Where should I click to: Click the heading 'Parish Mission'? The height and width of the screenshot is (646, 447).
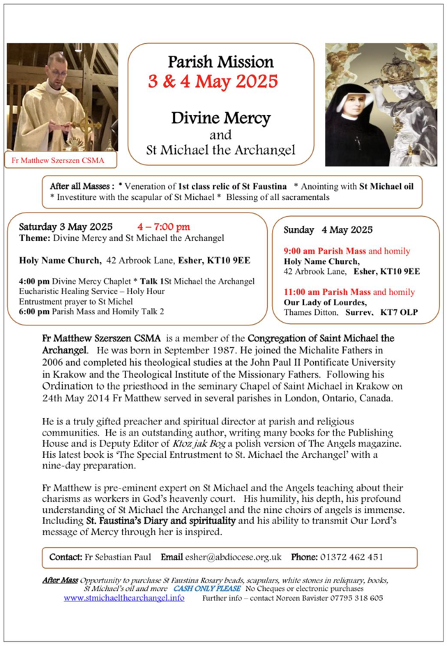[x=221, y=62]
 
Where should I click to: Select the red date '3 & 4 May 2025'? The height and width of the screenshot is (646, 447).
[x=213, y=82]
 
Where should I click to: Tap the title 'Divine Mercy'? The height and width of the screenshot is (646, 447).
[x=220, y=116]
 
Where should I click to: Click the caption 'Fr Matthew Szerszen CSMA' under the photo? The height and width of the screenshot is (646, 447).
[x=58, y=161]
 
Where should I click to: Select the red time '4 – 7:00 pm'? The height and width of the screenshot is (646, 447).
[x=164, y=226]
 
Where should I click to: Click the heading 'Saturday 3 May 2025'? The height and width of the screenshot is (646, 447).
[x=66, y=226]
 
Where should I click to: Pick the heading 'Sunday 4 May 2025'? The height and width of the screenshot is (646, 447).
[x=328, y=229]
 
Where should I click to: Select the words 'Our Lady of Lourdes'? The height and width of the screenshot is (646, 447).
[x=325, y=302]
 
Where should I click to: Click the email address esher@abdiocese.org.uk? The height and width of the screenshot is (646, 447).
[x=233, y=557]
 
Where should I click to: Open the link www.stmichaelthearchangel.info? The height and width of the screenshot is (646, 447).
[x=124, y=598]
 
